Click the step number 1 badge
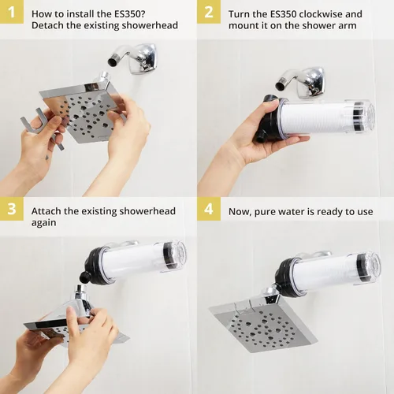click(12, 12)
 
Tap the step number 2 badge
click(209, 12)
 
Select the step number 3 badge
click(12, 209)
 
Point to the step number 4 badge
click(209, 209)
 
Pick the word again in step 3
click(44, 223)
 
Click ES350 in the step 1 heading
click(128, 14)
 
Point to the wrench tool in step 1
click(42, 128)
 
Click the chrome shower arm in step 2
click(301, 82)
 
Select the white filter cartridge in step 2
click(315, 117)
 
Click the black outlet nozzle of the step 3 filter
click(85, 277)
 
